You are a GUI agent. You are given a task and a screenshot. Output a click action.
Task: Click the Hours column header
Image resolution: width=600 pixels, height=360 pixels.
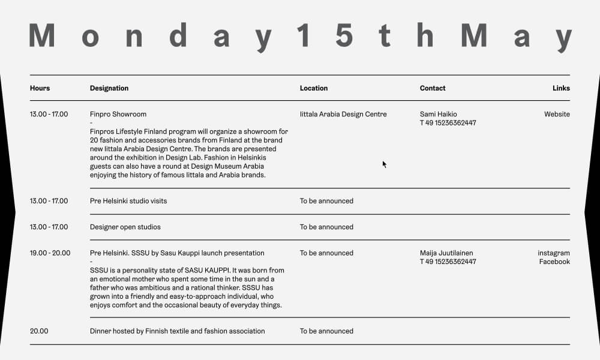40,88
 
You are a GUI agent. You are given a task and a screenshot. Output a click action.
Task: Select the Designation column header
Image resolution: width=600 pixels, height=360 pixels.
109,88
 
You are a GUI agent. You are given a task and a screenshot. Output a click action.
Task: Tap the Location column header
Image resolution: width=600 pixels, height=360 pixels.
314,88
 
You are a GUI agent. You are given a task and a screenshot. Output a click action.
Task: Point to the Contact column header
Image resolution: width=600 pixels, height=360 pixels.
433,88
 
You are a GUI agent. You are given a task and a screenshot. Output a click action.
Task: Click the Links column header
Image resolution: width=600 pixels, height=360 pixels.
561,88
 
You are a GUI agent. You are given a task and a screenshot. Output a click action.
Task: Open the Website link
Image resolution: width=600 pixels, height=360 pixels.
557,114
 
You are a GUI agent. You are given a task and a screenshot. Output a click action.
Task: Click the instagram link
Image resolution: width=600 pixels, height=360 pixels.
553,253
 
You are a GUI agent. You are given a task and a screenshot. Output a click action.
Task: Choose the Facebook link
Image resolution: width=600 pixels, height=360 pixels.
554,262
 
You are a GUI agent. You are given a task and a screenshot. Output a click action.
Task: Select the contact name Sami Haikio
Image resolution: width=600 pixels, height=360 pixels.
438,114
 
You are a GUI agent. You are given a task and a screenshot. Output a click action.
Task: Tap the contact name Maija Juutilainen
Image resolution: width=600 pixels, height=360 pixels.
446,253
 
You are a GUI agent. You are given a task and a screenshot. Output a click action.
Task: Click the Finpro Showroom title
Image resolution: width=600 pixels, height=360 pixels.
118,114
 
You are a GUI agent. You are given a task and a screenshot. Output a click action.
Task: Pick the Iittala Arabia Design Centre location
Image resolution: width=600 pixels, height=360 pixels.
343,114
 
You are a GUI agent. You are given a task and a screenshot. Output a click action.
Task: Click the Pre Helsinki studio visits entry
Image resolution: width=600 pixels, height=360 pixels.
128,201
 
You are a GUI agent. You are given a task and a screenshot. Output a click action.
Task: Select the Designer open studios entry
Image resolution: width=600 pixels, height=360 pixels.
125,227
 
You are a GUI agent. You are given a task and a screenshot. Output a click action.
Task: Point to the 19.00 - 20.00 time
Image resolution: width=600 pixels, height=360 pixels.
50,253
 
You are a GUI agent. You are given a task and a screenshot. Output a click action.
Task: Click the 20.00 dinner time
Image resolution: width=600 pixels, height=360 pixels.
39,331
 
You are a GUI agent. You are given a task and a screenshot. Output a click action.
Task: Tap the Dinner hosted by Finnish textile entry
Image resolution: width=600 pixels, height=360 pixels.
177,331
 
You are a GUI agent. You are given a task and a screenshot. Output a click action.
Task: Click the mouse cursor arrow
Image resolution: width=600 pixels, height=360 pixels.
384,164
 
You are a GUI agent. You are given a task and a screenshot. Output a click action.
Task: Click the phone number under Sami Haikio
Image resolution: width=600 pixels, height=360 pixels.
448,123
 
